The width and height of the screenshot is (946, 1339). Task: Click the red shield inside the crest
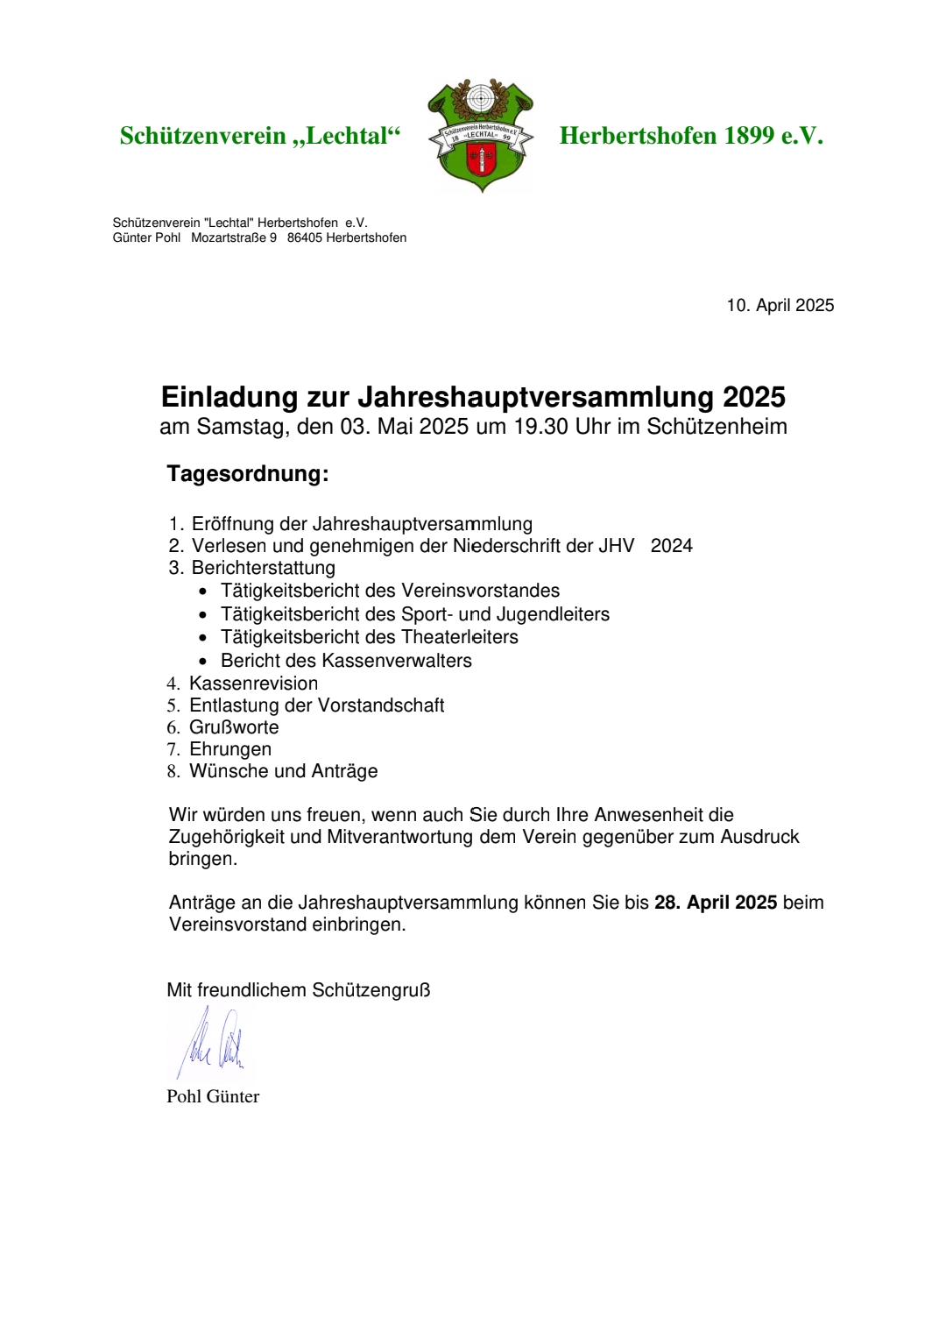[x=480, y=162]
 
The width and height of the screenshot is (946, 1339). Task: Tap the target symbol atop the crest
[x=480, y=97]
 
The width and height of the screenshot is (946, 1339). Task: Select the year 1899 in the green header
[x=749, y=136]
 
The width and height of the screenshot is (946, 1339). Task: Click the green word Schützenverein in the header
[x=203, y=136]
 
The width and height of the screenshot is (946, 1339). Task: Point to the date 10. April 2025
[x=780, y=306]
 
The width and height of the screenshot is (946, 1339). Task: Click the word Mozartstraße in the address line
[x=229, y=237]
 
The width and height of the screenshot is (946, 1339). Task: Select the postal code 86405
[x=304, y=237]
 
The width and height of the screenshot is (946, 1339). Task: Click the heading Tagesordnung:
[x=248, y=474]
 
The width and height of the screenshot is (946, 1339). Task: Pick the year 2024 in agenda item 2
[x=671, y=546]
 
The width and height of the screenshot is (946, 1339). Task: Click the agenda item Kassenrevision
[x=253, y=684]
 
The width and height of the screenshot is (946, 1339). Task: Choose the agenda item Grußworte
[x=234, y=727]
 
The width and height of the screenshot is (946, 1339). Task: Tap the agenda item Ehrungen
[x=230, y=749]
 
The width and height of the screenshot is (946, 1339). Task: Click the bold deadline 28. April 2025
[x=716, y=903]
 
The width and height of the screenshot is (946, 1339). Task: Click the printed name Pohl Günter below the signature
[x=213, y=1096]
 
